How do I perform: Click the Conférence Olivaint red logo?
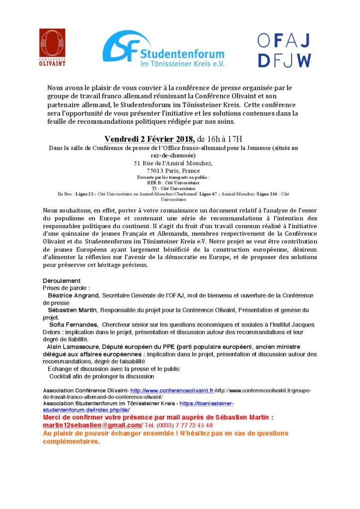(52, 47)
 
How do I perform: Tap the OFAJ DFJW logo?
(283, 51)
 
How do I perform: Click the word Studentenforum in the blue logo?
(182, 53)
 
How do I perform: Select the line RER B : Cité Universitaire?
(174, 182)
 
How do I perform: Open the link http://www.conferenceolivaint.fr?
(171, 391)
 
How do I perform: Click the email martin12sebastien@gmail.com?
(92, 425)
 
